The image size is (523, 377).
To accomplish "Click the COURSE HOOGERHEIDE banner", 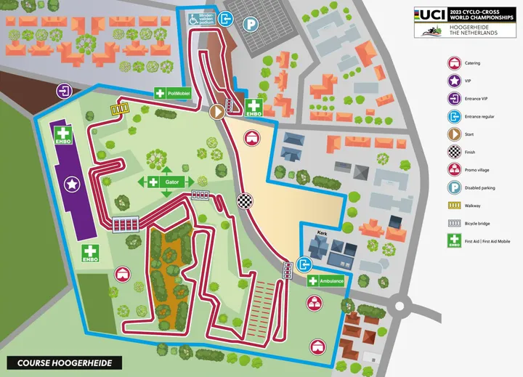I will click(65, 362).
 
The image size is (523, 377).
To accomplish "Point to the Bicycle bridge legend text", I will click(486, 224).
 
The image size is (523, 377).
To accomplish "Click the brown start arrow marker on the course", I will click(216, 112).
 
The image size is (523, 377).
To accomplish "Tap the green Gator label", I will click(166, 182).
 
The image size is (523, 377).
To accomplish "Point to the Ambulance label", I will click(325, 281).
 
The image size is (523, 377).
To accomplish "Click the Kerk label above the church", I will click(323, 234).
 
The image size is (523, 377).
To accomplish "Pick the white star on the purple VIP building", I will click(71, 185).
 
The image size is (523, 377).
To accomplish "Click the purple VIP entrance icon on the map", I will click(65, 92).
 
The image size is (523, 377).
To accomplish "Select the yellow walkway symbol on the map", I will click(118, 108).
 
